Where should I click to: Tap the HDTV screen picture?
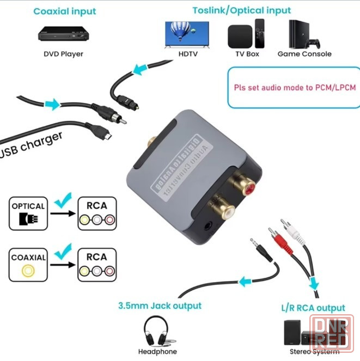tap(187, 35)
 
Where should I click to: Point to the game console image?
tap(303, 34)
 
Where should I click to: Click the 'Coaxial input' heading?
tap(64, 11)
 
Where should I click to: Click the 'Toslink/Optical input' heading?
tap(242, 10)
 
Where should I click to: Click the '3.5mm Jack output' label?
tap(160, 305)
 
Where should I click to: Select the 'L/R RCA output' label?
tap(313, 308)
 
